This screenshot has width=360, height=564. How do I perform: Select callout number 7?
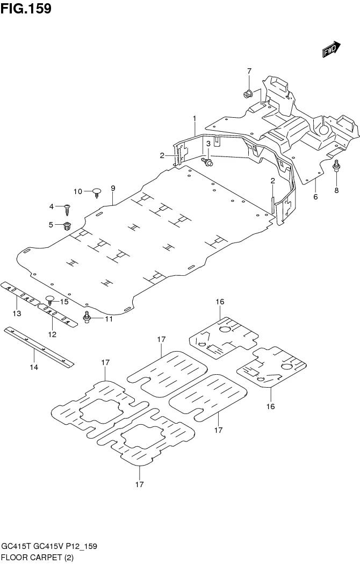coord(249,71)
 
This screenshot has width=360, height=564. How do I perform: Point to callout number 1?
coord(195,118)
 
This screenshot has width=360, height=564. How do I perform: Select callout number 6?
coord(315,197)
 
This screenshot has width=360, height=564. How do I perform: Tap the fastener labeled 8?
coord(336,167)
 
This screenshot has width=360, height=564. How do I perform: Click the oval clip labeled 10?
coord(97,191)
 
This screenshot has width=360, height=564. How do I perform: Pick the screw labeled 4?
coord(68,208)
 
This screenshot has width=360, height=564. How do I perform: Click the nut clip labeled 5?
coord(68,225)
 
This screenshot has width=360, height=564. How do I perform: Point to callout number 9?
coord(113,188)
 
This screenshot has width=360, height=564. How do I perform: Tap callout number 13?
coord(17,313)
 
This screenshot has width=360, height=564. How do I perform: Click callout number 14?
coord(34,367)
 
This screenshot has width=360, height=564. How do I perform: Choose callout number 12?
coord(53,334)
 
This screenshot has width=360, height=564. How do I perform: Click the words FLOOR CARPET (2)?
coord(38,557)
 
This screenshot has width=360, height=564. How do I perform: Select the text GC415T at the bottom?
coord(16,546)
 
